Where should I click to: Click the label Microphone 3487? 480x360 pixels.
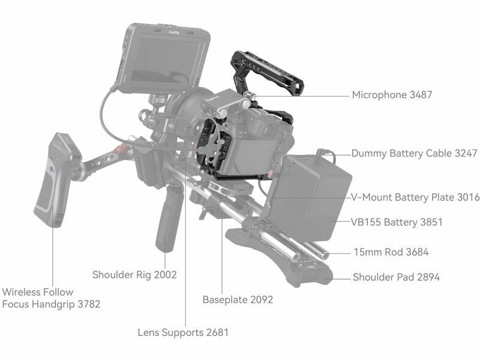pos(392,95)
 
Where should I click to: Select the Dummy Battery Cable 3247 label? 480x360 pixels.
pos(415,154)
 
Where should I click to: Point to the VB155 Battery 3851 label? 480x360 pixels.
pos(397,223)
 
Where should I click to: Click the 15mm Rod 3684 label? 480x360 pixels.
pos(391,252)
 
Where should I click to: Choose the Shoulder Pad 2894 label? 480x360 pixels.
pos(396,277)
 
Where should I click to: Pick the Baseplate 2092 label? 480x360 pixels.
pos(238,299)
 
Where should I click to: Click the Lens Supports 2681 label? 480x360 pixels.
pos(183,332)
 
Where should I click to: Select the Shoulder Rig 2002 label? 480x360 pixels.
pos(134,275)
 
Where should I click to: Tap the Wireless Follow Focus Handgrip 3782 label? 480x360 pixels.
pos(51,298)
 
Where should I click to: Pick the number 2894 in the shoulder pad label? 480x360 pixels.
pos(426,277)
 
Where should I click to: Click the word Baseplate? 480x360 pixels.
pos(224,299)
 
